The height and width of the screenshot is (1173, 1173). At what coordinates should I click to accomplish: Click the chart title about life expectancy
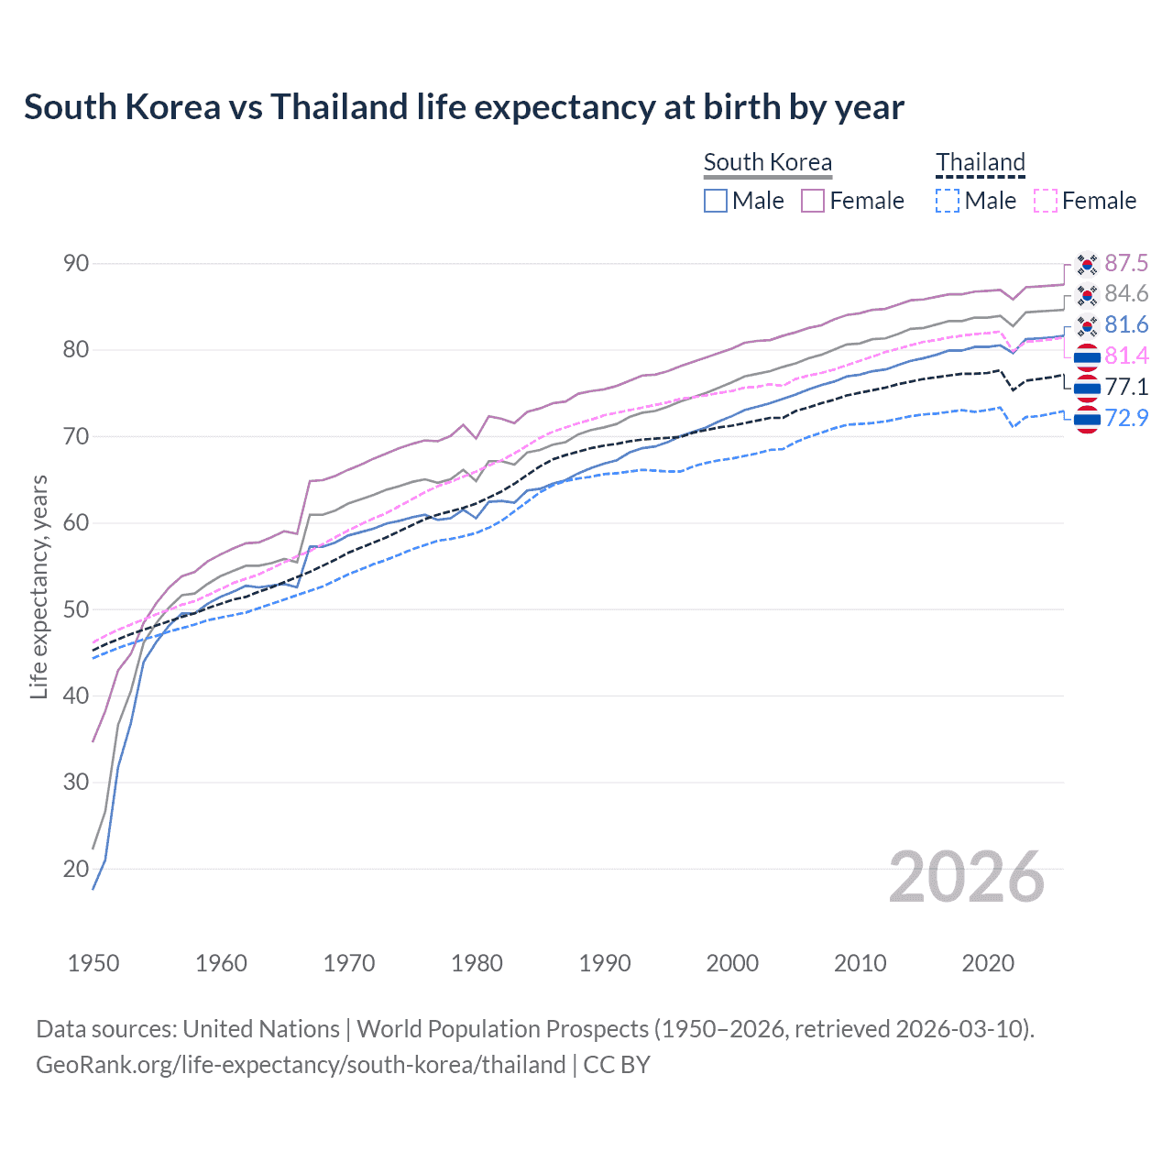tap(464, 107)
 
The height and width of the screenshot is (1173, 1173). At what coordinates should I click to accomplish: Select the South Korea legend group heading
tap(767, 162)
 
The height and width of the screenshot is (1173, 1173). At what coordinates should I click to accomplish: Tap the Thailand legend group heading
tap(980, 162)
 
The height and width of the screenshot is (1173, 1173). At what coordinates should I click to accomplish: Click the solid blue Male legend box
tap(716, 201)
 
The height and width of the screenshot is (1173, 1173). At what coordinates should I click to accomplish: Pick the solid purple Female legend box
tap(813, 201)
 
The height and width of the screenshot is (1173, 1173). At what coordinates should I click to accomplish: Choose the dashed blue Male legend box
tap(948, 201)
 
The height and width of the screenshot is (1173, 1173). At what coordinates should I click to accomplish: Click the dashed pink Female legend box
tap(1046, 201)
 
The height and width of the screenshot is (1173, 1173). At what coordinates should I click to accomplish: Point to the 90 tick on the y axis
tap(76, 264)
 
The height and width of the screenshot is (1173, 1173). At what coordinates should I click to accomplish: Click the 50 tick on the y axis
tap(76, 609)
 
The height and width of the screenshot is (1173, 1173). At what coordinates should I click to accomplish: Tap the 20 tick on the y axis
tap(76, 869)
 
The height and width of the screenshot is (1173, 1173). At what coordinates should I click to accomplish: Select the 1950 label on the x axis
tap(93, 963)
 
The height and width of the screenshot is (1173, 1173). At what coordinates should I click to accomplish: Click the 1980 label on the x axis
tap(477, 963)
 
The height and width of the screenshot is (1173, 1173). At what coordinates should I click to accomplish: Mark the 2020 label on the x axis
tap(988, 963)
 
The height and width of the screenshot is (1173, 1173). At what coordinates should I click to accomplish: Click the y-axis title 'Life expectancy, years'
tap(39, 586)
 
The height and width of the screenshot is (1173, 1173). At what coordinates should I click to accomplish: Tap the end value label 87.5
tap(1126, 264)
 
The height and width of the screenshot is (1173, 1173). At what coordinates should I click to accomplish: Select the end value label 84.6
tap(1126, 294)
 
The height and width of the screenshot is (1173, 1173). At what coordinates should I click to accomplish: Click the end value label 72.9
tap(1126, 419)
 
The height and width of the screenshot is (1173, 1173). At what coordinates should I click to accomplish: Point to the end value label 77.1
tap(1126, 388)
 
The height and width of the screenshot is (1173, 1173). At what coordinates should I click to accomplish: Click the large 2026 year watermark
tap(967, 877)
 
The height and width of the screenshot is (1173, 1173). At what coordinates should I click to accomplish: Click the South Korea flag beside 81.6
tap(1087, 325)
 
